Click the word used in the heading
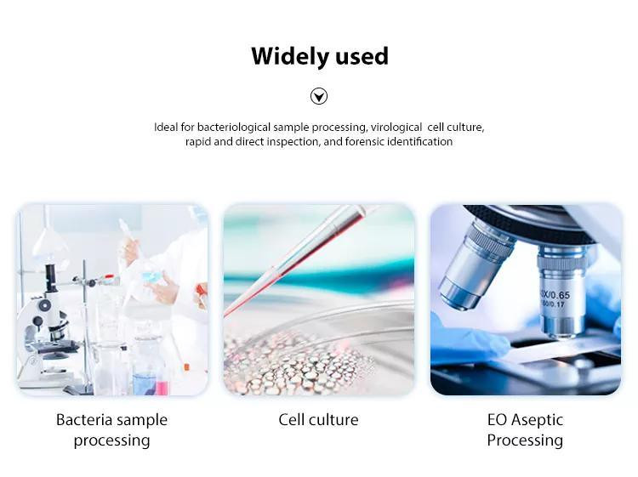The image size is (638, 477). point(362,56)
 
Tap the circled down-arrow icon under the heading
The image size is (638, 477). point(319,96)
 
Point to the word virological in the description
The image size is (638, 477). point(397,128)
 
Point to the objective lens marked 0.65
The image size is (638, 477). point(561,289)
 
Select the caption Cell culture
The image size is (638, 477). point(318,420)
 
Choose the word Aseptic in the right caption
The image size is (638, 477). point(538,420)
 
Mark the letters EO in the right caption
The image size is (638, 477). point(497,420)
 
